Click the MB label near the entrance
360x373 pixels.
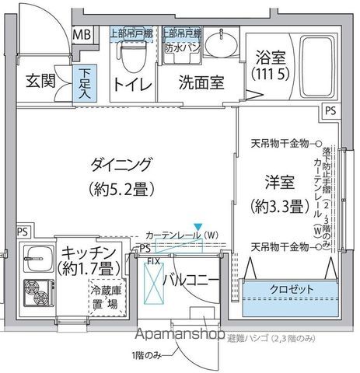81,35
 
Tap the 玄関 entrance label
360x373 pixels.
41,82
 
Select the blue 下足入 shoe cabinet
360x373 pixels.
84,83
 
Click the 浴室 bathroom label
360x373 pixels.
271,58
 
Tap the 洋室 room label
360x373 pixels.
276,184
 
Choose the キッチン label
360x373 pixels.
89,253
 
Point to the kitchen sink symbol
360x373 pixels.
36,253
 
